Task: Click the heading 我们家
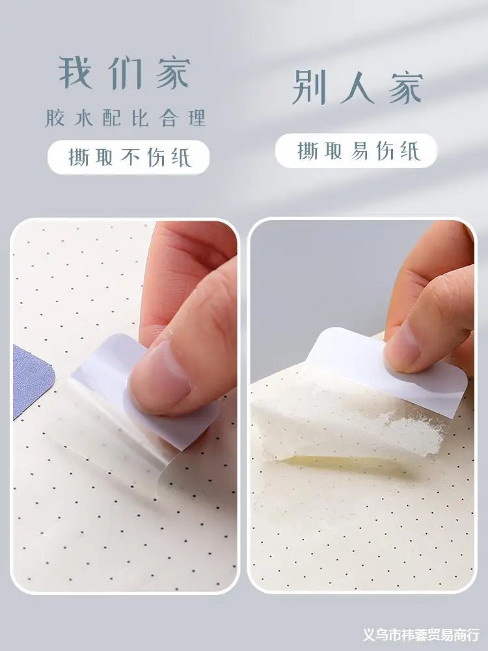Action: pyautogui.click(x=124, y=73)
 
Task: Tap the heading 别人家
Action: pyautogui.click(x=357, y=87)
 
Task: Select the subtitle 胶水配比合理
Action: pyautogui.click(x=126, y=118)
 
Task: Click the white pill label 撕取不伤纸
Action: pyautogui.click(x=128, y=157)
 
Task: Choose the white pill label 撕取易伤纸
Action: pyautogui.click(x=356, y=150)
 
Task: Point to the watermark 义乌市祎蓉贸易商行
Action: pyautogui.click(x=421, y=634)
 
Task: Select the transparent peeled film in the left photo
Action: pyautogui.click(x=112, y=432)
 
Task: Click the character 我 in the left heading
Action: pyautogui.click(x=75, y=73)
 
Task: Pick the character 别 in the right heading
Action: pyautogui.click(x=309, y=87)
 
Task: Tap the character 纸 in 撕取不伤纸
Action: pyautogui.click(x=181, y=158)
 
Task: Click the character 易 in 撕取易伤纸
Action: pyautogui.click(x=359, y=151)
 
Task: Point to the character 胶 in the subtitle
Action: pyautogui.click(x=55, y=118)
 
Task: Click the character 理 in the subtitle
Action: pyautogui.click(x=197, y=118)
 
